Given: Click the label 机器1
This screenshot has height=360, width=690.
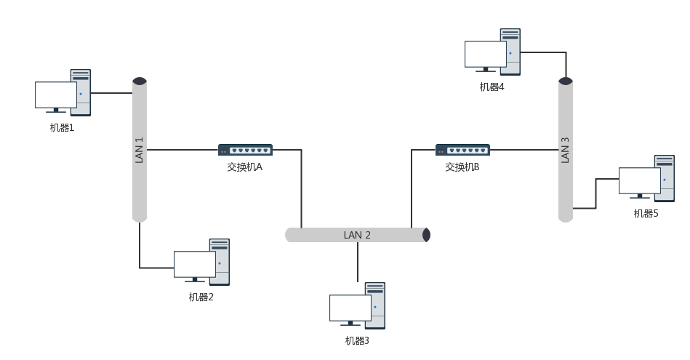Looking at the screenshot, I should coord(62,128).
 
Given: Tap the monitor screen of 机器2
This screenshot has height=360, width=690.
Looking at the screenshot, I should coord(194,264).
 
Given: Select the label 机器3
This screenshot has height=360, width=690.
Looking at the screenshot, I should coord(357,340).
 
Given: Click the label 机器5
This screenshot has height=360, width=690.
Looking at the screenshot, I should coord(646,214).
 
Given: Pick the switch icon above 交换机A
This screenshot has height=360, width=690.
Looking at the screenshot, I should coord(245,150).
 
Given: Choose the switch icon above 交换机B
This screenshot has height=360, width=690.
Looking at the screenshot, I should coord(462,150).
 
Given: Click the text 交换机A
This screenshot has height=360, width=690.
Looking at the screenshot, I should coord(244,167).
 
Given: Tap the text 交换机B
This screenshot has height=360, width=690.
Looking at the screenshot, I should coord(462,167).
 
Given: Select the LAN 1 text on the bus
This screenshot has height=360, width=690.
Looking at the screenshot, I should coord(140,150).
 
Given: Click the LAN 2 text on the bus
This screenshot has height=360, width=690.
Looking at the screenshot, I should coord(357,235).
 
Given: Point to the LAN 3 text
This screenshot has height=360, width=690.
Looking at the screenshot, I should coord(566,150).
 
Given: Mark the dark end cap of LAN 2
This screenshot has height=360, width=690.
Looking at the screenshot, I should coord(427,235).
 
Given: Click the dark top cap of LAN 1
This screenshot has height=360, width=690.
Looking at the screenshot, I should coord(140,81).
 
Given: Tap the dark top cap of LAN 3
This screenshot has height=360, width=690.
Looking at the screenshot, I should coord(566,81).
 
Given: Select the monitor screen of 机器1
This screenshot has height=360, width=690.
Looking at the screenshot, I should coord(56,95).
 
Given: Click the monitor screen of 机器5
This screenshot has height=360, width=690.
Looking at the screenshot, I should coord(639,180).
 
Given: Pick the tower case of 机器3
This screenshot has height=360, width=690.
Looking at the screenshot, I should coord(375,305).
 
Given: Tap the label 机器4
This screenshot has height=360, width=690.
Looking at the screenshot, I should coord(492,87).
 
